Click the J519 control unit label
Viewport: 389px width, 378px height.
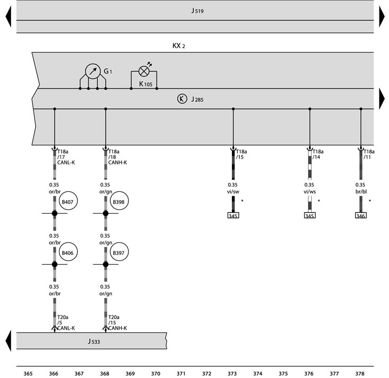(x=197, y=11)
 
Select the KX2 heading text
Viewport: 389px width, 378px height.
(x=179, y=46)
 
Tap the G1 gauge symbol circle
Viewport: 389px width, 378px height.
(x=93, y=72)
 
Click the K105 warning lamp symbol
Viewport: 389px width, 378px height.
(x=144, y=72)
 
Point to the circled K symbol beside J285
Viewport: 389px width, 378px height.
(x=182, y=99)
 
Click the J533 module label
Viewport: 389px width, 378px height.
(x=94, y=341)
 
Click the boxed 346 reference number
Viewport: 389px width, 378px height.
(x=361, y=215)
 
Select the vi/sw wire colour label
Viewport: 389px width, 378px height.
(x=233, y=191)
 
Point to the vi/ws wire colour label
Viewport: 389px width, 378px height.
(x=309, y=191)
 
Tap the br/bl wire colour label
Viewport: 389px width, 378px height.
(x=361, y=191)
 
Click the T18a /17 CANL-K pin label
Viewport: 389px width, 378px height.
(x=66, y=157)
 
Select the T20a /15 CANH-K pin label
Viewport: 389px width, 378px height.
(x=117, y=322)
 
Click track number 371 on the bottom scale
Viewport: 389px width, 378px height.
(x=181, y=374)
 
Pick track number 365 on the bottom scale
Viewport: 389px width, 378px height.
(x=28, y=374)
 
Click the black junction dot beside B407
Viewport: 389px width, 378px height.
(x=55, y=213)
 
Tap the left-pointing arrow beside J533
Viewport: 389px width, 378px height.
(x=8, y=340)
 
